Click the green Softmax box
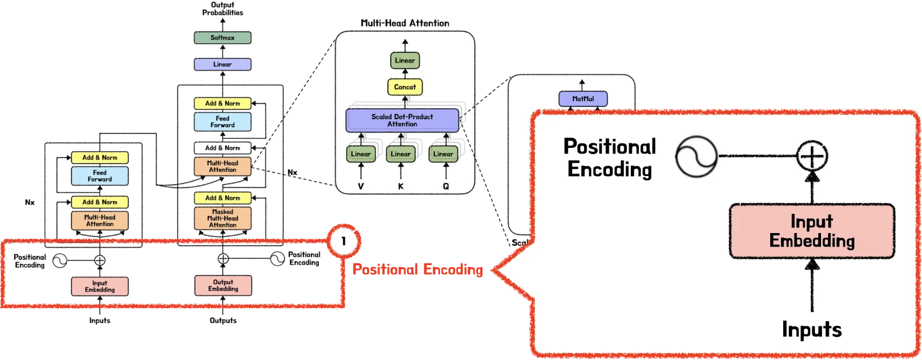click(222, 38)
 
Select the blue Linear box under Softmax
click(222, 64)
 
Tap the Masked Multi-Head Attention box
click(222, 218)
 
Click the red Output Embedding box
click(223, 286)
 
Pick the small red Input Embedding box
click(100, 287)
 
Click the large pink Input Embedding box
click(811, 231)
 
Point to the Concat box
click(405, 87)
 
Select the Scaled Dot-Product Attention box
click(402, 120)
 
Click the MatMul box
click(583, 99)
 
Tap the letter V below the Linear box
click(361, 186)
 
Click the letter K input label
click(401, 186)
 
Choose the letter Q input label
click(446, 186)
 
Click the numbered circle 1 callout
click(344, 242)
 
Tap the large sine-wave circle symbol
click(696, 156)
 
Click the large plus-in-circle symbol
click(812, 156)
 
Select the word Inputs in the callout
click(811, 330)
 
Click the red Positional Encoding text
click(418, 270)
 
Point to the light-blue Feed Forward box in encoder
click(100, 176)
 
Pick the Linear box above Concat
click(405, 60)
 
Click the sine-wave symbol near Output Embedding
click(277, 259)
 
